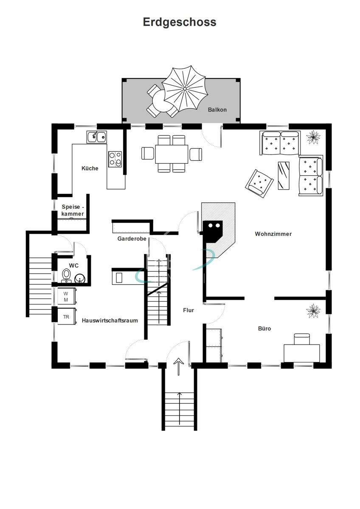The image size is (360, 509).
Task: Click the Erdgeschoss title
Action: pos(180,22)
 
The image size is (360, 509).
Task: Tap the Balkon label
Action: pos(217,110)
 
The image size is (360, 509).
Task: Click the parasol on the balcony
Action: pos(185,89)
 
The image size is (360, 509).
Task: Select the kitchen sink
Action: pos(97,137)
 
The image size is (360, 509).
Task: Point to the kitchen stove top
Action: pos(115,159)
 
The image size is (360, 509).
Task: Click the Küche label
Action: pos(90,168)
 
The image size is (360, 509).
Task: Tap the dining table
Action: pos(172,154)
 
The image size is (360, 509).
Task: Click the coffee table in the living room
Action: pos(284,176)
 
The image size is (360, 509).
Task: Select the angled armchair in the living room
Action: pos(259,184)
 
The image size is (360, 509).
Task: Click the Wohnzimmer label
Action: pos(273,234)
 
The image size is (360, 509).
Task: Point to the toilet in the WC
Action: pos(66,275)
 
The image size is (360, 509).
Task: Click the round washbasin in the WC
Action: pos(80,278)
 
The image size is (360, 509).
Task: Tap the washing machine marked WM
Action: pos(67,296)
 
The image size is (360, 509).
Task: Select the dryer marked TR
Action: pos(66,316)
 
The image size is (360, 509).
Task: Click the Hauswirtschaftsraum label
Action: pos(110,321)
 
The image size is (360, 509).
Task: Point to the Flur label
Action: pos(188,310)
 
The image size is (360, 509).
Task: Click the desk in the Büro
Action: pos(302,353)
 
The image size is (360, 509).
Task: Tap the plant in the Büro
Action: pos(313,310)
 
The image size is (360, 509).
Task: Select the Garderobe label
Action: pos(132,238)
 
